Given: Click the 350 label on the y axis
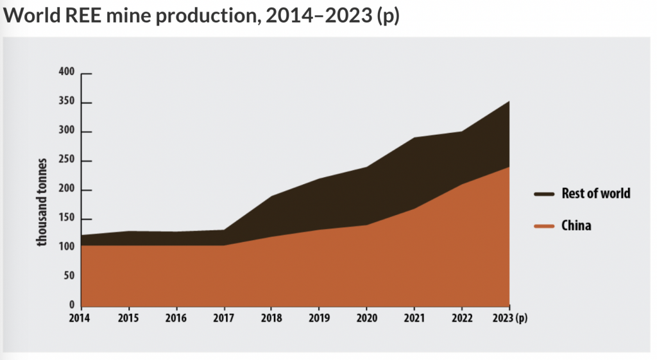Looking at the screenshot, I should [x=68, y=103].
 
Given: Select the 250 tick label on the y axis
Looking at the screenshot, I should [x=68, y=160].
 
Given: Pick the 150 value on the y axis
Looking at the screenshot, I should [x=68, y=218].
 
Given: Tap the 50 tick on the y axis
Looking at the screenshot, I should [x=70, y=276].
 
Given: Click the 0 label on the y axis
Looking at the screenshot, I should [x=72, y=305].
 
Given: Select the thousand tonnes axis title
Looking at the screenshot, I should [x=42, y=201].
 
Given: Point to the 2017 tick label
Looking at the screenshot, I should [x=224, y=317].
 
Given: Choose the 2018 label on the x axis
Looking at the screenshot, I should [x=271, y=317].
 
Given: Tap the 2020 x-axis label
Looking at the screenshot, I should [x=366, y=317].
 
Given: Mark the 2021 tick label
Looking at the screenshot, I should [x=414, y=317].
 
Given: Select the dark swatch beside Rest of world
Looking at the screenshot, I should [x=543, y=194].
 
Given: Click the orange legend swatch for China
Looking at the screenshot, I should [x=543, y=226].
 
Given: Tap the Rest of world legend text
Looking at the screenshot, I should [x=596, y=193].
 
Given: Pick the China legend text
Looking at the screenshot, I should [x=576, y=226].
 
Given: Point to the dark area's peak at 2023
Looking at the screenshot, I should [x=509, y=101].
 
